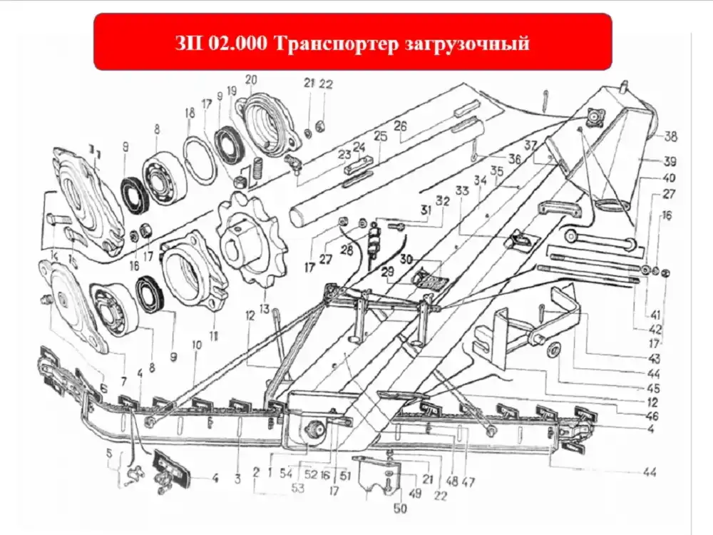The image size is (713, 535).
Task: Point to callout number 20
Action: tap(250, 79)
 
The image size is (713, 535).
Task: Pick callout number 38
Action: tap(671, 136)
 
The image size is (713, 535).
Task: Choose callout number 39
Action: tap(671, 160)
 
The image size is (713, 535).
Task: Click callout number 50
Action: tap(400, 509)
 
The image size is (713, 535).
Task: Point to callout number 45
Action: tap(653, 389)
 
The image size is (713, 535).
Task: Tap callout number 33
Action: tap(462, 192)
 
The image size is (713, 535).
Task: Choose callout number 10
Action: tap(197, 345)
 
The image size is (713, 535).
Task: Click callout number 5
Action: tap(108, 452)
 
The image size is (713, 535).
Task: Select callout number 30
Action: tap(406, 258)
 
